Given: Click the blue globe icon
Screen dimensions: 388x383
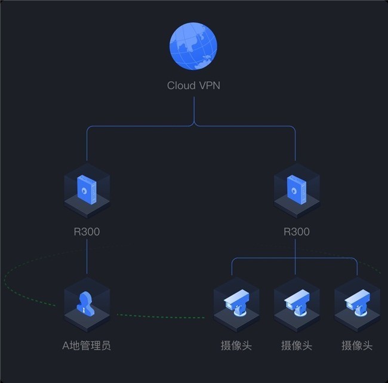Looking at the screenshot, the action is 193,47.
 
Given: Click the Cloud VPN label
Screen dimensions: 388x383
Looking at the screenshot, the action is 193,85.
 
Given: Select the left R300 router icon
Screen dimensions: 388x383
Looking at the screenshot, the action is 87,190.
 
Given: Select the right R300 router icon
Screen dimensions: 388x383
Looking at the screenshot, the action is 297,190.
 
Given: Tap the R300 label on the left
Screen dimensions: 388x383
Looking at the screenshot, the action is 87,231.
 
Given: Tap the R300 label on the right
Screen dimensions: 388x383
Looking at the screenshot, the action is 297,231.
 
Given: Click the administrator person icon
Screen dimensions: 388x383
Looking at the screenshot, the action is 85,304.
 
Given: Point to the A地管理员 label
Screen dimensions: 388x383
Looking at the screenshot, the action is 87,345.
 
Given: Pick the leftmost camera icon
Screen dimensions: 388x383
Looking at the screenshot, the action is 236,302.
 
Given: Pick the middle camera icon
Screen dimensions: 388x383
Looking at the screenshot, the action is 297,302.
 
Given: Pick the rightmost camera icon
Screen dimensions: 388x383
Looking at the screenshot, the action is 357,302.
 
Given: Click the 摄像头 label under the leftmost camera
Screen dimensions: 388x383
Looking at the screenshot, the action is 236,345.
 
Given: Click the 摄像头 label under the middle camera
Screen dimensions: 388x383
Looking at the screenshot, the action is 297,345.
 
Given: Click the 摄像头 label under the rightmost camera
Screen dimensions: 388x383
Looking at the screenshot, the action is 357,345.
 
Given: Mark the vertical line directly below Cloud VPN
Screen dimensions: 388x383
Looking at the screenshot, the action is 194,110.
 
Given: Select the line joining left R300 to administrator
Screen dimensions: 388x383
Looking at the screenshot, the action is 87,257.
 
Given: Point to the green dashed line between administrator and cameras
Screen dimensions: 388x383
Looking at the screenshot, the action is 161,317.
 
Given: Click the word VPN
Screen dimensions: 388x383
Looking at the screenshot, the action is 210,85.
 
